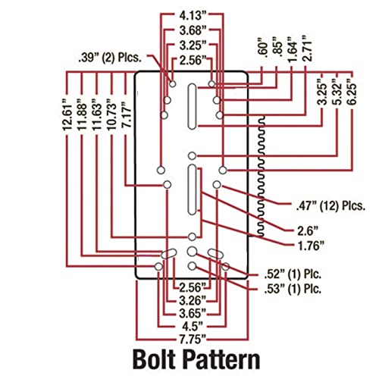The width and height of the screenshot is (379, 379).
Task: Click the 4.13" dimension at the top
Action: point(192,15)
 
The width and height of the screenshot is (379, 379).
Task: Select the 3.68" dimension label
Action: point(192,30)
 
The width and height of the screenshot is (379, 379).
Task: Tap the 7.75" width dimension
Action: point(192,339)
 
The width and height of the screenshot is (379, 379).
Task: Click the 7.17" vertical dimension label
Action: point(127,114)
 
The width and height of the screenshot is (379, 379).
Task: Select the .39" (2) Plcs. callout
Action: point(110,58)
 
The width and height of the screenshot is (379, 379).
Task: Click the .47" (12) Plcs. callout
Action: point(331,206)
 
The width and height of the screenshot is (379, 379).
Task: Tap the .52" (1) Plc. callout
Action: point(293,274)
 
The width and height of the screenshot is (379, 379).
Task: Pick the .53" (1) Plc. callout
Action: point(293,289)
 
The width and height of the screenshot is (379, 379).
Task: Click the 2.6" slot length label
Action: point(307,230)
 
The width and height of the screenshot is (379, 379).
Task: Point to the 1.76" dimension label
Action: point(311,246)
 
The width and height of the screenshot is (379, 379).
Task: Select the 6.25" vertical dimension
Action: point(353,92)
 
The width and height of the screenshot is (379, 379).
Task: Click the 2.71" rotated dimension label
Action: point(308,49)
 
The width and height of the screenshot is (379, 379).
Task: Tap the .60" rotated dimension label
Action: point(263,49)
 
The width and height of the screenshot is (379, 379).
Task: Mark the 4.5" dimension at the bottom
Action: point(192,327)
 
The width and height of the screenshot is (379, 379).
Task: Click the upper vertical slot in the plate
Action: point(192,106)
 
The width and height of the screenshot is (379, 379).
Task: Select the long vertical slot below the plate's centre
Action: point(193,189)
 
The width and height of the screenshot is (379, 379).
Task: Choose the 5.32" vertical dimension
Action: point(338,92)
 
